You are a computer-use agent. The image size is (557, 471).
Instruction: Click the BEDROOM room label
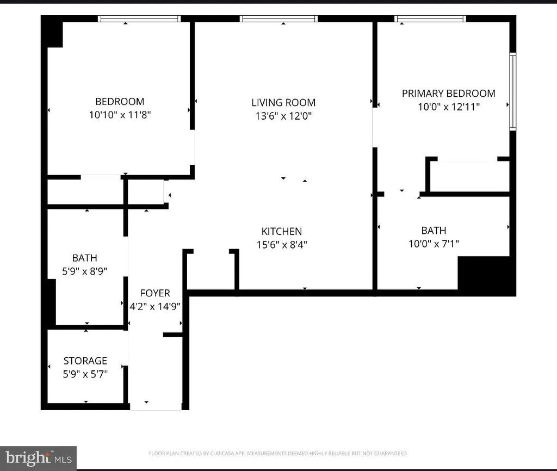120,102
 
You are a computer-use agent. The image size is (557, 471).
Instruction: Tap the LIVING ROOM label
283,103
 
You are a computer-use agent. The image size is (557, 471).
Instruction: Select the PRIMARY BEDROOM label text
449,94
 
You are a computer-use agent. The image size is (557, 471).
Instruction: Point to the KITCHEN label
282,232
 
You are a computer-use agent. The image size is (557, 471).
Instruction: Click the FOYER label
155,293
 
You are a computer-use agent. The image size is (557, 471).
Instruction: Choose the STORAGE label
85,361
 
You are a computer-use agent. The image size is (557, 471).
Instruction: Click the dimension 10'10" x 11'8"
120,115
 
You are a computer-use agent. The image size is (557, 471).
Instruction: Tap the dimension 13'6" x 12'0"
283,116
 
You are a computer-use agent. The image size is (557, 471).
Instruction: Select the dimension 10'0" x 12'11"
449,107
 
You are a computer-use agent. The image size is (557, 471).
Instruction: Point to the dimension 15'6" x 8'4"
282,245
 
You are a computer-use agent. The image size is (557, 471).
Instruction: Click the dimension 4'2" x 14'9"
155,306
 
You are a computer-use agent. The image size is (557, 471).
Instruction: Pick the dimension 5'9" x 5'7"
85,374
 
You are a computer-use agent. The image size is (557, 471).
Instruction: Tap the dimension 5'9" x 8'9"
84,271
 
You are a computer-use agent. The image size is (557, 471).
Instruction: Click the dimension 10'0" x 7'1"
434,244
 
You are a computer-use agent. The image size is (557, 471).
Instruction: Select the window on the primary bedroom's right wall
512,91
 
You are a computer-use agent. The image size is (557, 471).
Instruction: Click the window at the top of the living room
279,19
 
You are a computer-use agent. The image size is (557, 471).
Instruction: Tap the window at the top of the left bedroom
139,19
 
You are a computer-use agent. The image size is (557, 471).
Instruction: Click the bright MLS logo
39,458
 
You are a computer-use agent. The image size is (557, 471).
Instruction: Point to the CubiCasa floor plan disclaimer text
278,454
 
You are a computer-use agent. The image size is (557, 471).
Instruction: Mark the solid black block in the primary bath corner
487,276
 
